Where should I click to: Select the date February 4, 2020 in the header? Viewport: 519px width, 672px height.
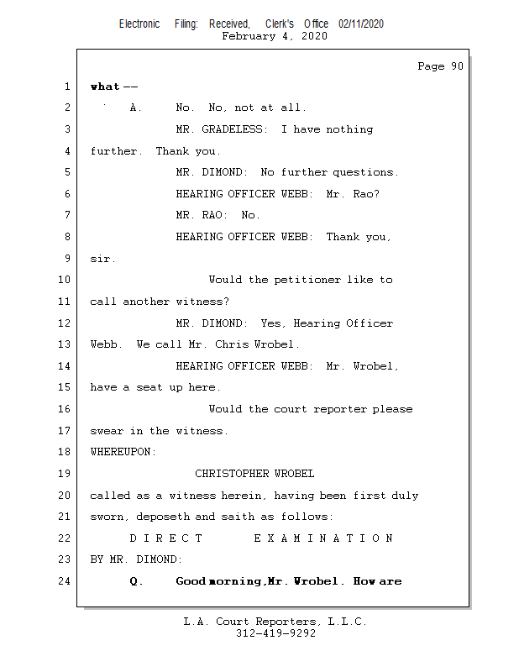pyautogui.click(x=275, y=36)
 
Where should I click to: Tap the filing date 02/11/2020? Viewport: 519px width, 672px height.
pyautogui.click(x=361, y=24)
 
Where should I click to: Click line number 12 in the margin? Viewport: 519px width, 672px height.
pyautogui.click(x=65, y=323)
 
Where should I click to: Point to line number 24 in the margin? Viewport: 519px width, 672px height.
pyautogui.click(x=65, y=581)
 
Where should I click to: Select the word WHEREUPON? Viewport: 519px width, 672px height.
pyautogui.click(x=123, y=452)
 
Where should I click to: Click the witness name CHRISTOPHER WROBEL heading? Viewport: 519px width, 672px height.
pyautogui.click(x=254, y=474)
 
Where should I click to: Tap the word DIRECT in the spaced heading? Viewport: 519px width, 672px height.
pyautogui.click(x=166, y=538)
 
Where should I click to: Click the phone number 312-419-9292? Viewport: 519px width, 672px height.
pyautogui.click(x=275, y=633)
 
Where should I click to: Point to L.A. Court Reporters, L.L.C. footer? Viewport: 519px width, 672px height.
pyautogui.click(x=275, y=622)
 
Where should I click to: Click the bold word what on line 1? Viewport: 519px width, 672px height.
pyautogui.click(x=105, y=87)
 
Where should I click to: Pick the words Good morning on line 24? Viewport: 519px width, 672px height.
pyautogui.click(x=218, y=581)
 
